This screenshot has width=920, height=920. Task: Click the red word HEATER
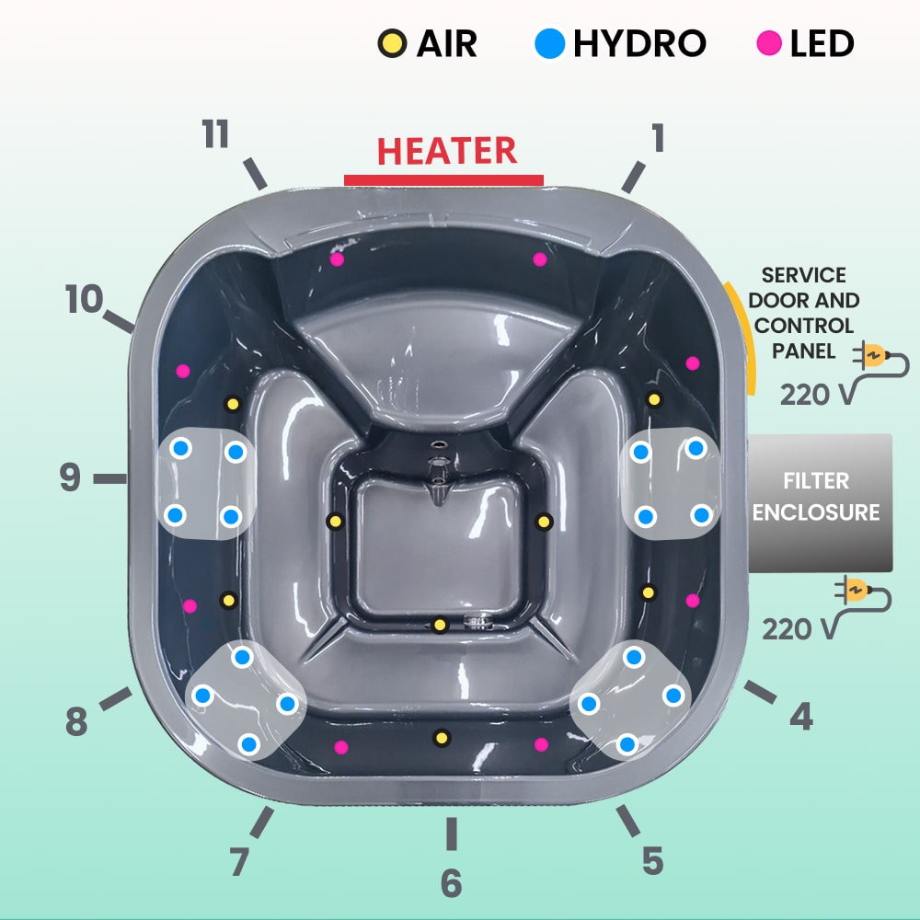(x=447, y=151)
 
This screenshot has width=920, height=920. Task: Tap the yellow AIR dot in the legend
(x=392, y=43)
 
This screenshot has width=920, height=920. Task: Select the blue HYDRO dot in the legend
(x=549, y=43)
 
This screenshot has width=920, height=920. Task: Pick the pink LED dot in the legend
(x=770, y=43)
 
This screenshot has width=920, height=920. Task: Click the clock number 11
(x=215, y=135)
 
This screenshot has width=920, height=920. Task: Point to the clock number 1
(x=658, y=138)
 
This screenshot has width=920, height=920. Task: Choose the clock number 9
(x=70, y=478)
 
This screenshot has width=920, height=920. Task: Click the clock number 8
(x=76, y=722)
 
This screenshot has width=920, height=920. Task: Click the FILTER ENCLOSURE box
(x=817, y=498)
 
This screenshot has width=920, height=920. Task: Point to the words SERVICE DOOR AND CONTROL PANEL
(x=804, y=313)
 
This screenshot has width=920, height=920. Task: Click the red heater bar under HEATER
(x=443, y=179)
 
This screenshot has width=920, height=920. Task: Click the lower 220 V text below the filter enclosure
(x=799, y=628)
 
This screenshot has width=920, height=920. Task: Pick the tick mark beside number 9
(x=110, y=477)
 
